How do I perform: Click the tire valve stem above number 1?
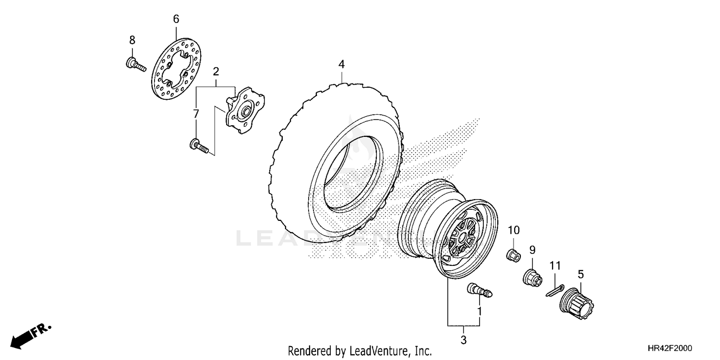[x=480, y=289]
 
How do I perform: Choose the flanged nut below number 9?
[x=533, y=277]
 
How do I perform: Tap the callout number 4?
[x=341, y=64]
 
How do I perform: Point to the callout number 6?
[x=176, y=19]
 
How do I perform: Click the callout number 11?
[x=555, y=265]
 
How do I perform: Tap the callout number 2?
[x=216, y=72]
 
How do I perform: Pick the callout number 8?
[x=132, y=40]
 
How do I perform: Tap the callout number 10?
[x=514, y=230]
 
